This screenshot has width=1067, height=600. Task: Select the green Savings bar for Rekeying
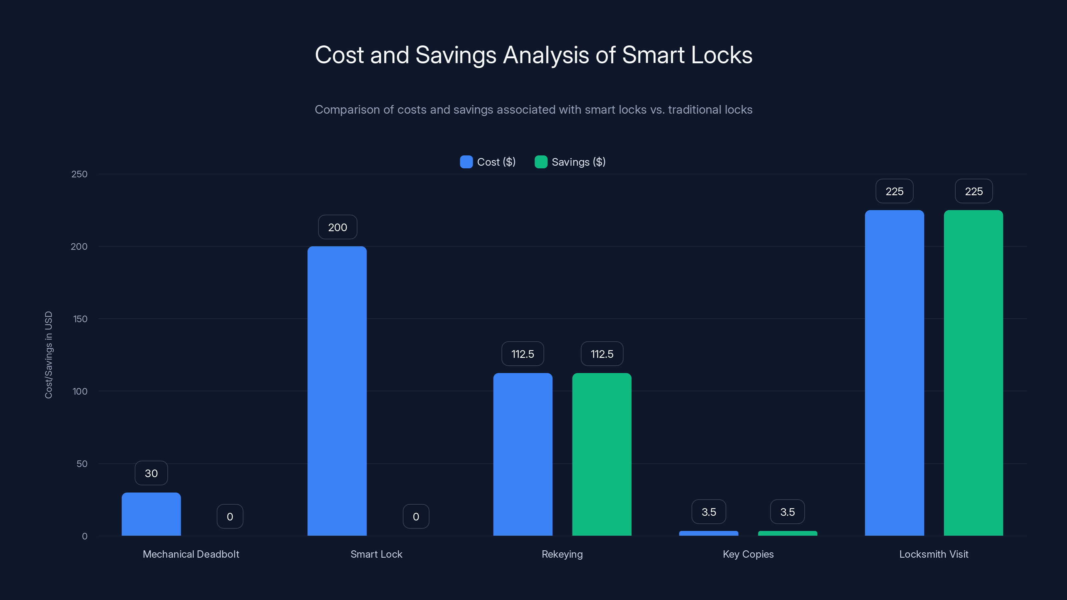click(x=602, y=454)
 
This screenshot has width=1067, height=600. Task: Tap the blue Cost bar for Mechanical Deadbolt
click(x=151, y=514)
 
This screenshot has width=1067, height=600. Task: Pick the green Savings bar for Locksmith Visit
click(x=973, y=373)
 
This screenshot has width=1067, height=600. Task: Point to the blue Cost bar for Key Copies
click(x=708, y=533)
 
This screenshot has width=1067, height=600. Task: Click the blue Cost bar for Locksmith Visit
click(x=894, y=373)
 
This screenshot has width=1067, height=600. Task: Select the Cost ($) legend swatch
click(x=466, y=162)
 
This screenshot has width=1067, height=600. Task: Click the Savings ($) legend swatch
click(x=541, y=162)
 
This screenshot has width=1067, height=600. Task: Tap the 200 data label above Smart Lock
click(x=337, y=227)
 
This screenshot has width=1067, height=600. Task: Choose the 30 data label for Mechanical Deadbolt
click(x=151, y=473)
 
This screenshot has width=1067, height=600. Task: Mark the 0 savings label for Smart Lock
click(x=416, y=517)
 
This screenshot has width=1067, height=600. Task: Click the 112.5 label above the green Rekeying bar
click(x=602, y=354)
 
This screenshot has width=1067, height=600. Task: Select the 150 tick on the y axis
click(x=80, y=319)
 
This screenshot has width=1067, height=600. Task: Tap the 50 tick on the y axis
click(x=82, y=464)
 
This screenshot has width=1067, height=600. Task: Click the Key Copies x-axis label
click(x=748, y=554)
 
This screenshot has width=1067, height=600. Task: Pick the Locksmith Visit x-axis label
click(x=934, y=554)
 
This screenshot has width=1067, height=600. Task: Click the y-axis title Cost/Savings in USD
click(x=48, y=355)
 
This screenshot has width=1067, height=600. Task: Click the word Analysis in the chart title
click(x=546, y=55)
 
